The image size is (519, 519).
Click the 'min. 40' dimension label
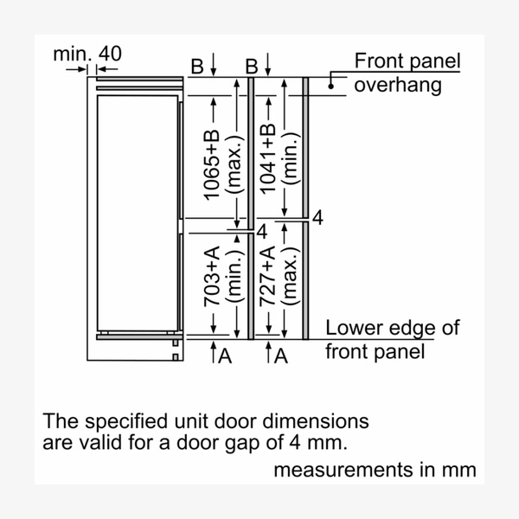[x=87, y=54]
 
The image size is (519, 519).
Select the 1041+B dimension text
[x=268, y=158]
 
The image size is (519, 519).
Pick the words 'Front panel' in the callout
[x=407, y=61]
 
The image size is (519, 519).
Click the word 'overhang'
[x=398, y=85]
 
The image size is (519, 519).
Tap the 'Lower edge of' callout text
[x=393, y=329]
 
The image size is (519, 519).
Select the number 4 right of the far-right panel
[x=317, y=218]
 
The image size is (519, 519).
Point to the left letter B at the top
[x=197, y=66]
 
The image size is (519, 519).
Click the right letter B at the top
[x=252, y=66]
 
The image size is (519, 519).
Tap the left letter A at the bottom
[x=223, y=355]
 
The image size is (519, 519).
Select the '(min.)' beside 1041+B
[x=289, y=158]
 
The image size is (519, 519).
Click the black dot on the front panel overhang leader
[x=330, y=85]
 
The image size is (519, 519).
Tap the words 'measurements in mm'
[x=375, y=471]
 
